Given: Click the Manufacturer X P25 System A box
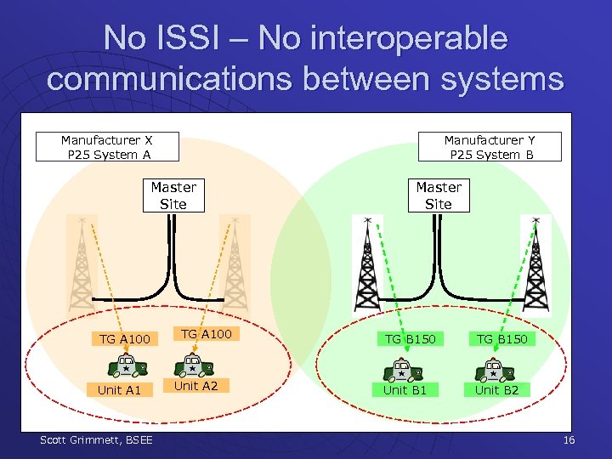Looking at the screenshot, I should click(x=107, y=146).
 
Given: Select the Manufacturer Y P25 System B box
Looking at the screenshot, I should click(x=490, y=146).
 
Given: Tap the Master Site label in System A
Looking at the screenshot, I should click(x=173, y=195).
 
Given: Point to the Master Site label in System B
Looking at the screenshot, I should click(x=438, y=195).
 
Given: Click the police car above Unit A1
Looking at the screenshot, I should click(x=125, y=366).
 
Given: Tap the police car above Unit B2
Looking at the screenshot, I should click(x=493, y=370).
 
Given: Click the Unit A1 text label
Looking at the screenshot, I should click(x=120, y=390).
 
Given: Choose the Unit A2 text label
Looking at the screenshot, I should click(x=195, y=386).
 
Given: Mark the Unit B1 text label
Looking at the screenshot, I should click(x=405, y=390).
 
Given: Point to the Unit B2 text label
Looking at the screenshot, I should click(x=496, y=390).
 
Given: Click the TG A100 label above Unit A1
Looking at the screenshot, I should click(x=124, y=339).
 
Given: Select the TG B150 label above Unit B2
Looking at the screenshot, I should click(x=501, y=339).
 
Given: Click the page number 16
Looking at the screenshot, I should click(x=569, y=439).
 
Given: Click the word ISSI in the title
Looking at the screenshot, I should click(x=199, y=38).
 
